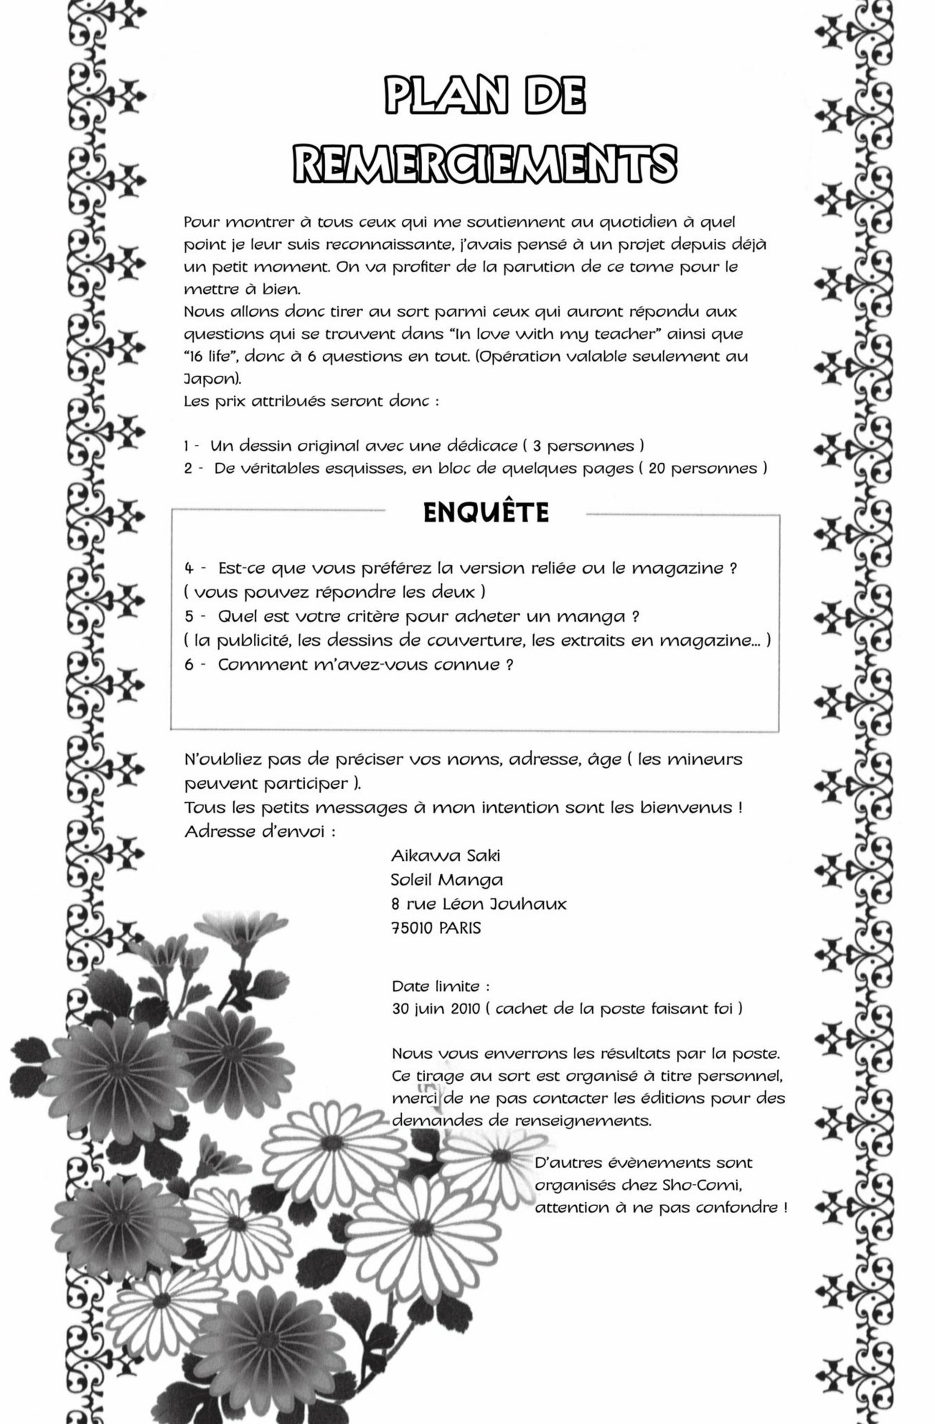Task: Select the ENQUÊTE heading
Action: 486,513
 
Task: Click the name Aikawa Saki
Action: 445,855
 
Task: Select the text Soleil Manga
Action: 446,879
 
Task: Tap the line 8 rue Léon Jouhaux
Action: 479,904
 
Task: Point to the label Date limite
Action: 441,986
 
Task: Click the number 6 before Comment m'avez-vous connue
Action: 189,665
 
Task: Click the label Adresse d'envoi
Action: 259,832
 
